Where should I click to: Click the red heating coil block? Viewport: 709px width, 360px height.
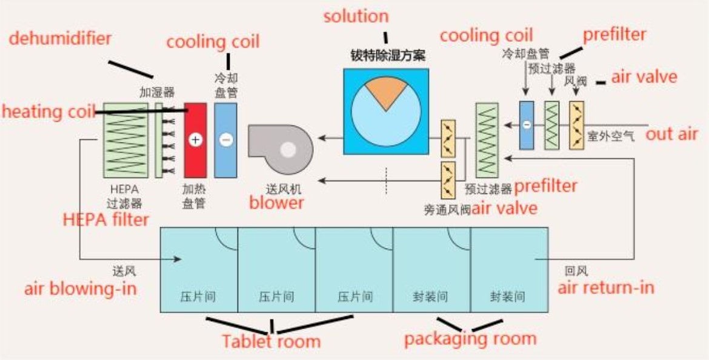pyautogui.click(x=195, y=139)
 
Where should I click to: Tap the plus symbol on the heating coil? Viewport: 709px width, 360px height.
pyautogui.click(x=195, y=140)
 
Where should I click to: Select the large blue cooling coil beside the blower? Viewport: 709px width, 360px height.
pyautogui.click(x=225, y=139)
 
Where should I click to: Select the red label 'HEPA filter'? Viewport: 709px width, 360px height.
pyautogui.click(x=105, y=219)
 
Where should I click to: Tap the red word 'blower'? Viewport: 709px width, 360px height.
pyautogui.click(x=276, y=202)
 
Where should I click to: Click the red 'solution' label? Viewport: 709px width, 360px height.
pyautogui.click(x=356, y=16)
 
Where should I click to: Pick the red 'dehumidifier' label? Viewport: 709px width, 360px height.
pyautogui.click(x=60, y=39)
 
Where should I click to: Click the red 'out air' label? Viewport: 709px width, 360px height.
pyautogui.click(x=671, y=134)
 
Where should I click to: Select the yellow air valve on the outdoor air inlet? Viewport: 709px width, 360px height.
pyautogui.click(x=576, y=125)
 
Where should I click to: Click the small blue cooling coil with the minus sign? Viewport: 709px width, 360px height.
pyautogui.click(x=526, y=125)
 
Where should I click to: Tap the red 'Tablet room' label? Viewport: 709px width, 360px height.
pyautogui.click(x=271, y=341)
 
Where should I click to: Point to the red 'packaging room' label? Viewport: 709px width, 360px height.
pyautogui.click(x=470, y=338)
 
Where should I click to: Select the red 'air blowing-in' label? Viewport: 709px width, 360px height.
pyautogui.click(x=81, y=288)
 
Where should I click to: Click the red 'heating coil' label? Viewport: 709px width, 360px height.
pyautogui.click(x=48, y=112)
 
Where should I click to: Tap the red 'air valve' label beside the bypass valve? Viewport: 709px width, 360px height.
pyautogui.click(x=505, y=208)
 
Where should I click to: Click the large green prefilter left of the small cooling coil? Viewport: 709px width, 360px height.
pyautogui.click(x=487, y=140)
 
